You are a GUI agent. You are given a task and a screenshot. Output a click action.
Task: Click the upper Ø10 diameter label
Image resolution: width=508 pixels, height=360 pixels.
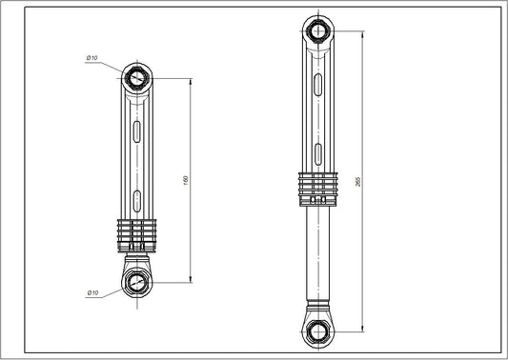coord(92,58)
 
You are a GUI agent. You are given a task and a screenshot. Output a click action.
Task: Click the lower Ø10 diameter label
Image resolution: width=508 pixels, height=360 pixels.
coord(92,292)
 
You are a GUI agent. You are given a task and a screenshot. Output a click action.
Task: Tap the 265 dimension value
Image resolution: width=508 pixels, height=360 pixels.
coord(356,181)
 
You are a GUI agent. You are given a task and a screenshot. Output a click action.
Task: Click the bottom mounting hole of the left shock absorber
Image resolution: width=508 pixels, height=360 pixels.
coord(139,282)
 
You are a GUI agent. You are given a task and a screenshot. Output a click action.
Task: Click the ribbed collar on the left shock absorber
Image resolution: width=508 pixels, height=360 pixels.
coord(139,230)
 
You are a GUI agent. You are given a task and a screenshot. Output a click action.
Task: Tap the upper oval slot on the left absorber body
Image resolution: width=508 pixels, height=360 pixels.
coord(139,130)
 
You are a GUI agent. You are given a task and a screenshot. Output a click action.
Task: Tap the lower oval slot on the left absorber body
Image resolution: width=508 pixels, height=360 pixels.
coord(139,199)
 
